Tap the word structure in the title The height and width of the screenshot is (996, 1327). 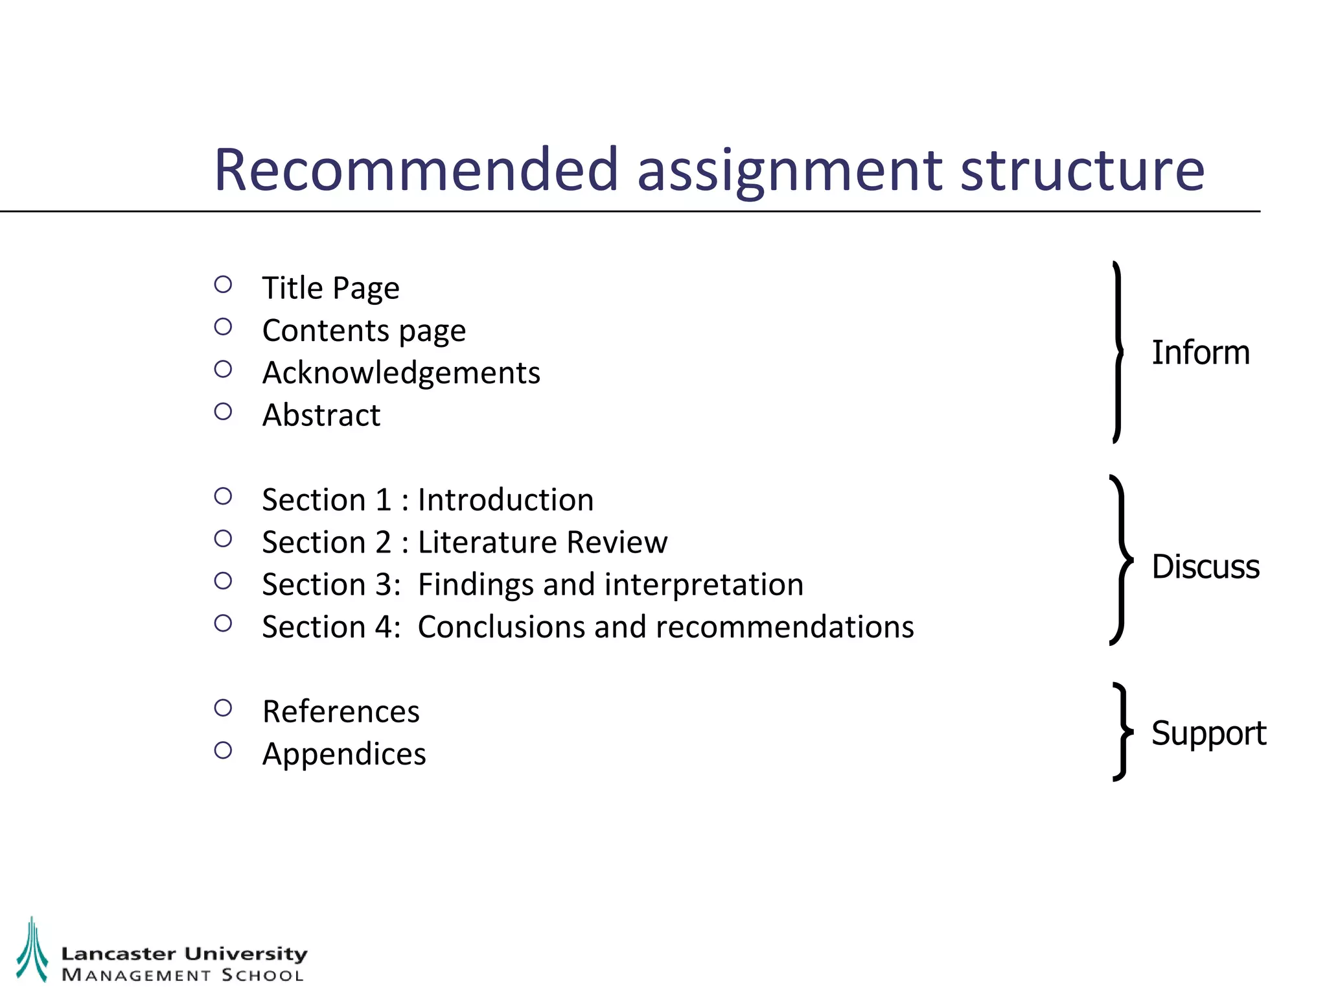[1081, 170]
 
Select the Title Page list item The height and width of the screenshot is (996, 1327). [330, 288]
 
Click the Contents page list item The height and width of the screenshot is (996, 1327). [363, 331]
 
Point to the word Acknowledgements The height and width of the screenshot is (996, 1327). [401, 373]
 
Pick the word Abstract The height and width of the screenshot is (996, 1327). [321, 415]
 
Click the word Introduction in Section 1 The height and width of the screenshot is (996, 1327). [505, 500]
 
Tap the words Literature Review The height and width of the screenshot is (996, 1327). [542, 542]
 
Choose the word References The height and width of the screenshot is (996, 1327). [341, 712]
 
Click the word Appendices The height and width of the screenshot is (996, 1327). [344, 754]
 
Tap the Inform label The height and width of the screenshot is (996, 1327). [1200, 353]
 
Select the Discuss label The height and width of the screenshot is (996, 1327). [1205, 567]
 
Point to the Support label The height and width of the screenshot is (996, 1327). [1208, 733]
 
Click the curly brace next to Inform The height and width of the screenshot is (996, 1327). [1118, 352]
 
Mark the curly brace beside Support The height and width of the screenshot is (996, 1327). [1122, 731]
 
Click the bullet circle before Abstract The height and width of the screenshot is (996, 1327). [223, 412]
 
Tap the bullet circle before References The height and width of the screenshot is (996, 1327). [223, 708]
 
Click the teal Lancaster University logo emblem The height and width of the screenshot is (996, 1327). [32, 949]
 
